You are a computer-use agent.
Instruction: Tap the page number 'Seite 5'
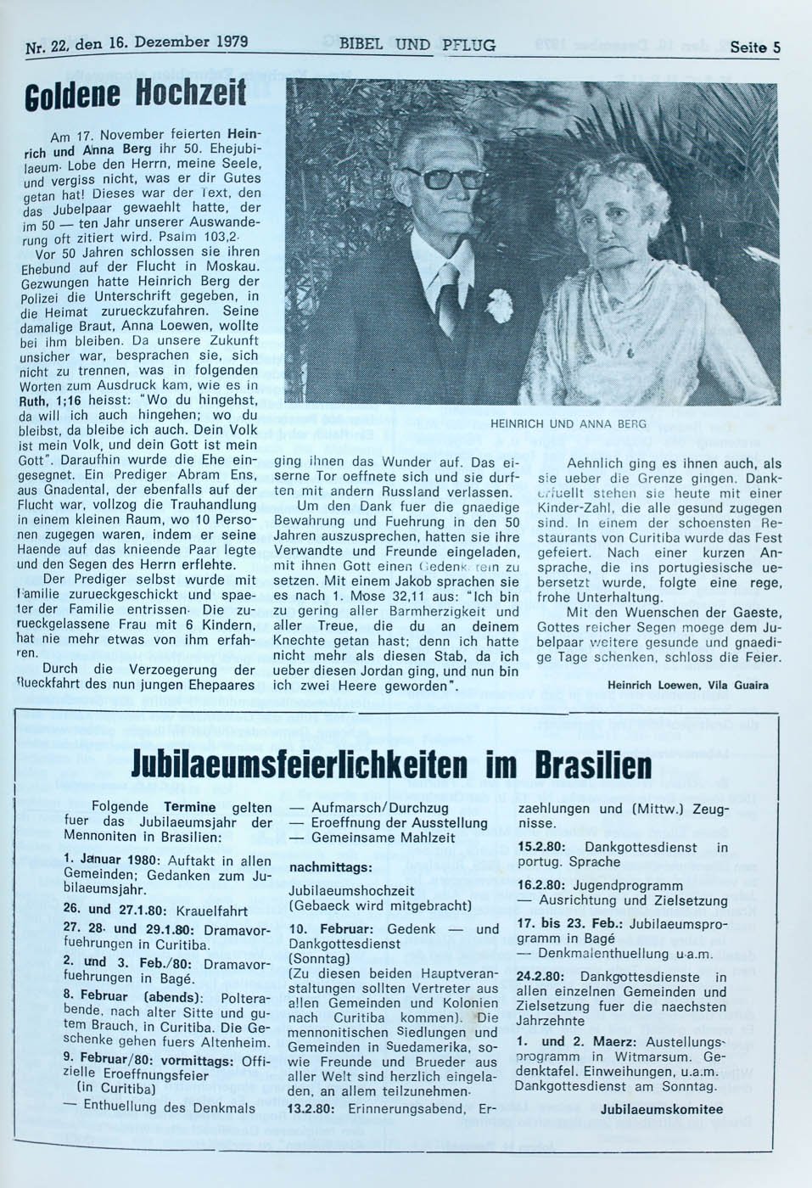754,47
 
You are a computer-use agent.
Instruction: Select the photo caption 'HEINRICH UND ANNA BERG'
568,423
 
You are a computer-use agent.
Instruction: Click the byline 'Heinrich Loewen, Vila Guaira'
687,685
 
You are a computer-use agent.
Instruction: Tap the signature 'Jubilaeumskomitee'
662,1109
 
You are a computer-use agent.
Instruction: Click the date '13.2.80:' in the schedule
312,1108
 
